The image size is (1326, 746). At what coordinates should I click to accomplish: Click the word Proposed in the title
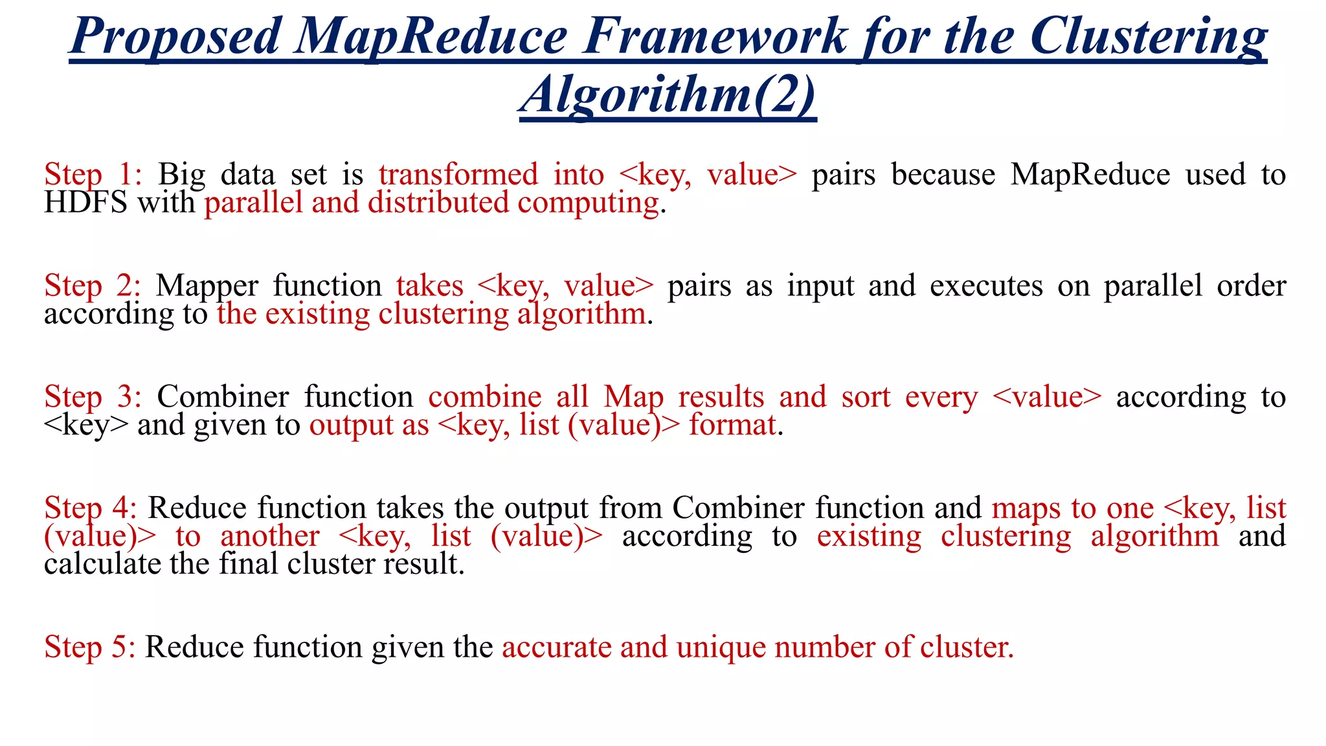tap(175, 37)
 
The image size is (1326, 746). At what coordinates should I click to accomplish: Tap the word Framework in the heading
tap(715, 37)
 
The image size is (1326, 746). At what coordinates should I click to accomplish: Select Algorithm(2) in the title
tap(668, 95)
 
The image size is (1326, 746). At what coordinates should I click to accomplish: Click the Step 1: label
tap(93, 175)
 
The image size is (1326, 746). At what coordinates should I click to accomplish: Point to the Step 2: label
tap(93, 286)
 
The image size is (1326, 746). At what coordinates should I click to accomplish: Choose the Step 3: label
tap(93, 397)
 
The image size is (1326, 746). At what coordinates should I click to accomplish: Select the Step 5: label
tap(90, 647)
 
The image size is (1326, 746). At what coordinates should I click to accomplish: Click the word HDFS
tap(85, 203)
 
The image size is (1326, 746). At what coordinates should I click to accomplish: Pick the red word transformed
tap(458, 175)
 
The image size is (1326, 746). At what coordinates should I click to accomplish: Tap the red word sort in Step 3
tap(866, 397)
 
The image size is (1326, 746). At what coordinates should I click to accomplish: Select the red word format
tap(732, 425)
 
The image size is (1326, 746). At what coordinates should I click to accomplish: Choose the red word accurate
tap(556, 647)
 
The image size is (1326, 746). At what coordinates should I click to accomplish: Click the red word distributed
tap(438, 203)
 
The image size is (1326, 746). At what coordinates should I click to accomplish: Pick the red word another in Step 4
tap(270, 536)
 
